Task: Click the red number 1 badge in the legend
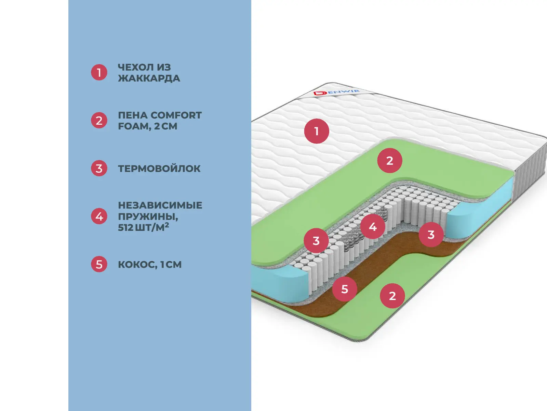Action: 99,72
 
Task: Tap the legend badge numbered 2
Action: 99,121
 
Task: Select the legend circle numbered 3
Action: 99,169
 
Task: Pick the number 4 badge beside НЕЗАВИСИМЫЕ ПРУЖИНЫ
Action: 99,216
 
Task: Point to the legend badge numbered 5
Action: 99,264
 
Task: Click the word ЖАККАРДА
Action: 149,78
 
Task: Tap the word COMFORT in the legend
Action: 176,115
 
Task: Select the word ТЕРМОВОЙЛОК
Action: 159,169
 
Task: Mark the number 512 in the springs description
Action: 125,227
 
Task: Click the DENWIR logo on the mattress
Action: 336,92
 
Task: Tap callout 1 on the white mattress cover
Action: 317,131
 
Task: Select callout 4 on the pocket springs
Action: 373,226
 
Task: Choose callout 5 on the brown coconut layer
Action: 345,289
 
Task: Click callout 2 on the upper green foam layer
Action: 390,160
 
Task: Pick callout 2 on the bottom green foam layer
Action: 392,296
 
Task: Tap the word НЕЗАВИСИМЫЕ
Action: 160,205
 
